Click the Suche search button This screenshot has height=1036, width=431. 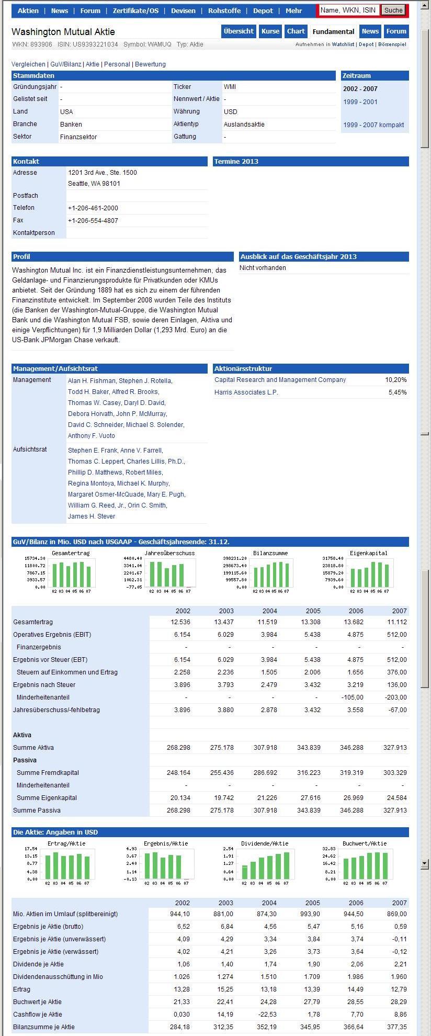(x=393, y=10)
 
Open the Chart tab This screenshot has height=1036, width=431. (x=296, y=31)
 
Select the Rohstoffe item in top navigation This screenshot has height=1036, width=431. (x=224, y=10)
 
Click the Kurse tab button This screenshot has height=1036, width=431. (x=270, y=31)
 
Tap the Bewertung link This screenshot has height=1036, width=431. (x=150, y=64)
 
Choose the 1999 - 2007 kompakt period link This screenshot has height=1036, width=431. (x=373, y=125)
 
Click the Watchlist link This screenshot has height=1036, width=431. (x=343, y=44)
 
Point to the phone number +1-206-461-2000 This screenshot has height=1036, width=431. (x=93, y=208)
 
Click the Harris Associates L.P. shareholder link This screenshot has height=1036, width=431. (x=246, y=392)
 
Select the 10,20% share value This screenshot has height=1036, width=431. (x=396, y=380)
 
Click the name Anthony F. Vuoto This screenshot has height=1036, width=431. (x=92, y=436)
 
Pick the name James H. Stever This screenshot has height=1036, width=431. (x=92, y=516)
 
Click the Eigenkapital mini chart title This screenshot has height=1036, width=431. (x=368, y=553)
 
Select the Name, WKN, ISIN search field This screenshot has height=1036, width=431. (x=348, y=10)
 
